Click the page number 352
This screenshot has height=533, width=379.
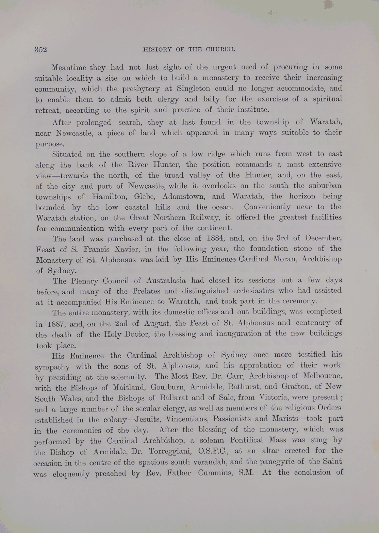click(x=40, y=49)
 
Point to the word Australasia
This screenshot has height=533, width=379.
click(x=166, y=281)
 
